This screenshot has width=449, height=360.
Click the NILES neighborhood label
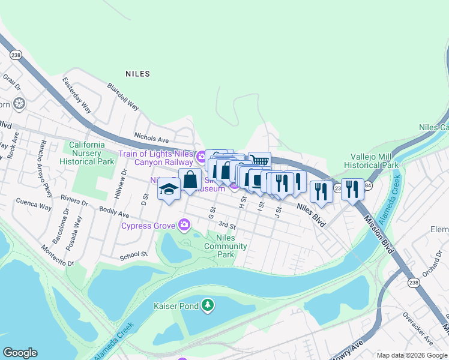137,74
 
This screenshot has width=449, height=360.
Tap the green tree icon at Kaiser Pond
208,305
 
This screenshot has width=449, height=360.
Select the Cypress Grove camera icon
184,226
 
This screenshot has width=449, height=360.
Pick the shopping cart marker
259,161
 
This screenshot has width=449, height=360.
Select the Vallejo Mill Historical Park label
372,160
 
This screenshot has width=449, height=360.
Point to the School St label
133,254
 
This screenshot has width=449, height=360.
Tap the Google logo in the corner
20,353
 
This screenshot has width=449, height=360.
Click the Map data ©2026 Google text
411,355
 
